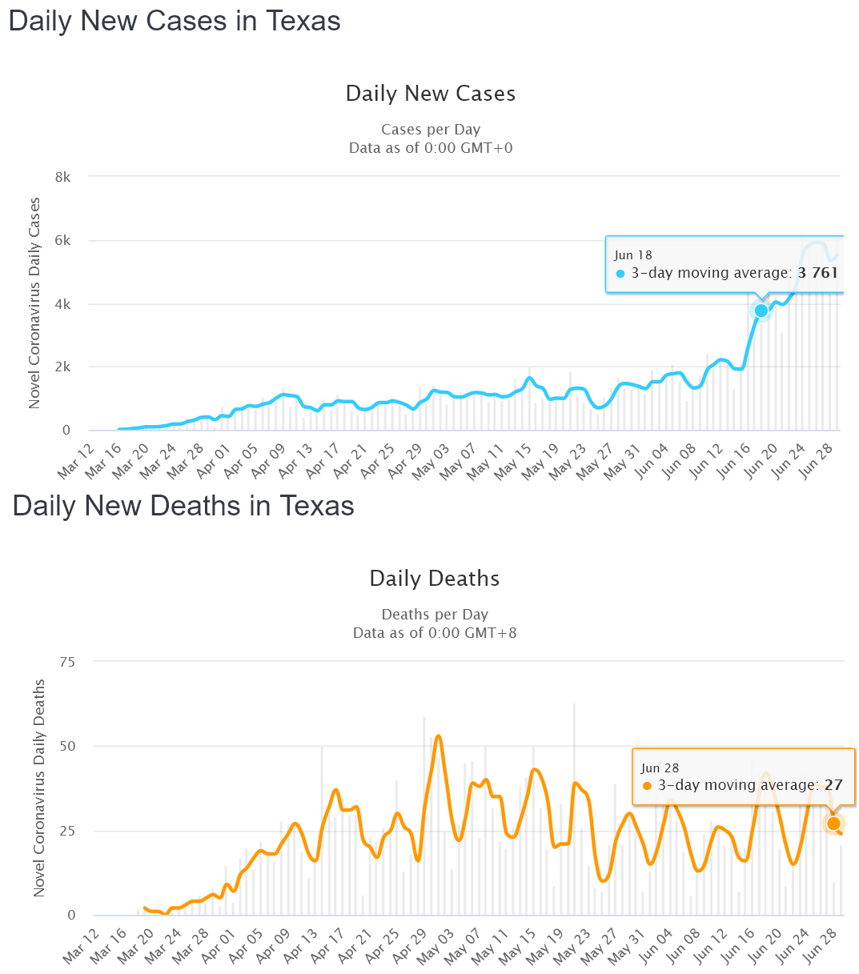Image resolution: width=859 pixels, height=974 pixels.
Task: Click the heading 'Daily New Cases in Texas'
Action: tap(175, 22)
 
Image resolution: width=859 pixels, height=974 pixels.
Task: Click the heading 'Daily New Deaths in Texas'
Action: tap(183, 507)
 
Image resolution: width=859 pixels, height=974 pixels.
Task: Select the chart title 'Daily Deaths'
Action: tap(434, 579)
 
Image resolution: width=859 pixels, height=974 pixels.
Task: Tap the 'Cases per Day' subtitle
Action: tap(431, 130)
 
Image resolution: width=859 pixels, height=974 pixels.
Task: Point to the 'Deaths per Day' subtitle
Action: tap(435, 615)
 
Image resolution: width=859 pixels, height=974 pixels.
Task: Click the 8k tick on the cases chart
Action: tap(62, 177)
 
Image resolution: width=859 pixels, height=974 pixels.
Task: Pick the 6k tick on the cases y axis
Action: tap(62, 241)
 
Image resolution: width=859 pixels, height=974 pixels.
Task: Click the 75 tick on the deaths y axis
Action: tap(66, 662)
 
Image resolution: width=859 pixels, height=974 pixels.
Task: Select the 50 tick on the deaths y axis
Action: tap(66, 746)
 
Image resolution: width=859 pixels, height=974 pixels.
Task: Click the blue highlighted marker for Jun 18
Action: tap(761, 311)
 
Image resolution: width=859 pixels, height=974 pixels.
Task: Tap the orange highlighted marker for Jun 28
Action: tap(833, 824)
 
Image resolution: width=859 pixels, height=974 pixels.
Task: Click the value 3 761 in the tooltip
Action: tap(817, 273)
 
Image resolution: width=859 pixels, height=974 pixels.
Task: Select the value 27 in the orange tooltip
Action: tap(833, 785)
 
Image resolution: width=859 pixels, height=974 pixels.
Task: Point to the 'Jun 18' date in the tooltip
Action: tap(634, 255)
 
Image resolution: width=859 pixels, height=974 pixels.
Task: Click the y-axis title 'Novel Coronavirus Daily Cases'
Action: tap(34, 303)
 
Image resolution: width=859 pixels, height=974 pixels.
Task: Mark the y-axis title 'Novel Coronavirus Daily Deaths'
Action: tap(39, 788)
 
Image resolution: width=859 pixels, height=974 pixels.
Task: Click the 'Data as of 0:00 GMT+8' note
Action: tap(435, 633)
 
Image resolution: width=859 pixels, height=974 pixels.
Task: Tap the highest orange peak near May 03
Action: tap(438, 736)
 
